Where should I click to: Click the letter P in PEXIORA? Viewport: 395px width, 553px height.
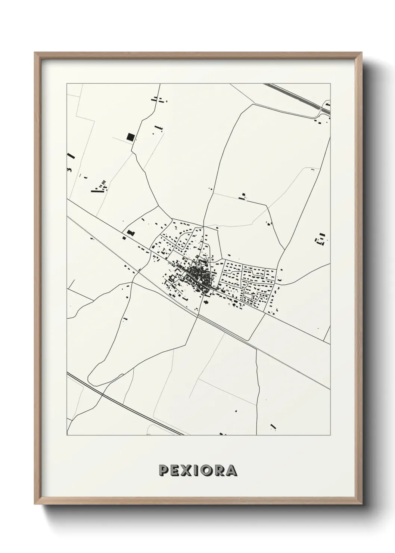pyautogui.click(x=163, y=470)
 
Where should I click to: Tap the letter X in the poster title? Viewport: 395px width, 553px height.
pyautogui.click(x=185, y=470)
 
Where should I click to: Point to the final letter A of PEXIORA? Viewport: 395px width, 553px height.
pyautogui.click(x=231, y=470)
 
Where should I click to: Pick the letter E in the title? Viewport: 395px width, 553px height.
pyautogui.click(x=174, y=470)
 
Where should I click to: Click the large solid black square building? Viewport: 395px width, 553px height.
pyautogui.click(x=130, y=137)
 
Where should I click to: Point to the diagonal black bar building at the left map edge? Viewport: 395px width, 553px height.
pyautogui.click(x=71, y=156)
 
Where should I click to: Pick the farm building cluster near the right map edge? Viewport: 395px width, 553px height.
pyautogui.click(x=320, y=238)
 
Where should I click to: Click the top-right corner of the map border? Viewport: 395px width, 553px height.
pyautogui.click(x=330, y=84)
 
